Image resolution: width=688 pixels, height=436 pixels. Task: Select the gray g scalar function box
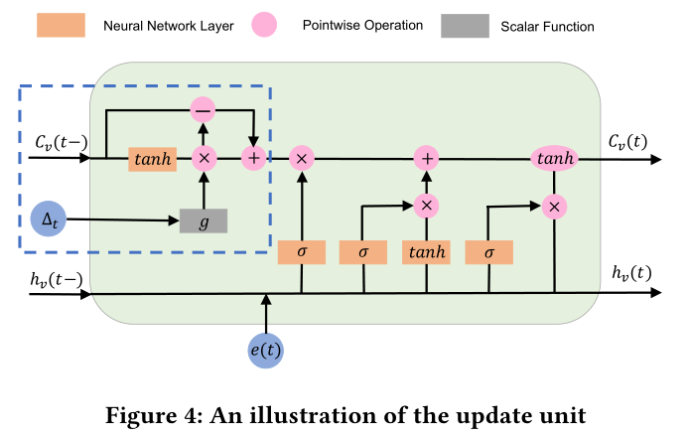point(204,221)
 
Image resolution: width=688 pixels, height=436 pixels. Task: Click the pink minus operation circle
point(204,110)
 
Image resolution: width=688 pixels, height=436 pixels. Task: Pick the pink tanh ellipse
point(554,158)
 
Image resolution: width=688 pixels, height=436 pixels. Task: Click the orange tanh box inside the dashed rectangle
point(152,158)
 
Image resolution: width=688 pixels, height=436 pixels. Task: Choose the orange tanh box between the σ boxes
point(426,252)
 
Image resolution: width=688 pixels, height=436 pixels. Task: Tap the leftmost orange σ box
point(302,252)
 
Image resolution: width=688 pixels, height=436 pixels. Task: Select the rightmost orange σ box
point(488,252)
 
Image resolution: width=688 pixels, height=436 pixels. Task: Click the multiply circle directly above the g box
point(204,158)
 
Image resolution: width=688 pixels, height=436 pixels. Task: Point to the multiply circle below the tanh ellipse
point(554,206)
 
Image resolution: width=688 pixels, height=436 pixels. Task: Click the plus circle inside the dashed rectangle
point(254,158)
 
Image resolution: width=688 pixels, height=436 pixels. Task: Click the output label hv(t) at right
point(631,273)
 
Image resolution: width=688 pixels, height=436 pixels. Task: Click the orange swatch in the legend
point(61,25)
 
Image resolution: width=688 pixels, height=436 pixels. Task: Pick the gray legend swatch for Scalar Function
point(465,25)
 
